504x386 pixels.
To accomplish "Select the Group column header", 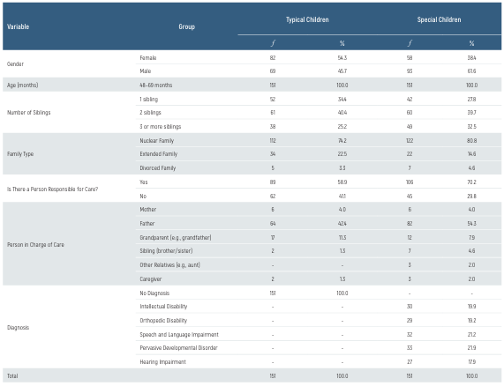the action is [x=186, y=26].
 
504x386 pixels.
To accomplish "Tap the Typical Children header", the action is [x=306, y=19].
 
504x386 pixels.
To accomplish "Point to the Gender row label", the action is [x=16, y=63].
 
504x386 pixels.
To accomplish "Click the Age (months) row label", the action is [x=25, y=85].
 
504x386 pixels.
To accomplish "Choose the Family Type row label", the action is [x=21, y=153].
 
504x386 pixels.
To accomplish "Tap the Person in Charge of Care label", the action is [x=39, y=243].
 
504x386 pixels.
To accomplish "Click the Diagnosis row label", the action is [x=19, y=327].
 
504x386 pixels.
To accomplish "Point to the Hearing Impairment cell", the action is [x=163, y=361].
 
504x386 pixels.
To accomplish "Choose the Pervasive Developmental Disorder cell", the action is [x=183, y=347].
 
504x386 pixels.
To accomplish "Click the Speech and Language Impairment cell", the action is [x=180, y=334].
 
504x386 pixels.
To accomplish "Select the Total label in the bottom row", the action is [x=13, y=376].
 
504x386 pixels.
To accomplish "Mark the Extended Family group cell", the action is [x=160, y=153].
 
